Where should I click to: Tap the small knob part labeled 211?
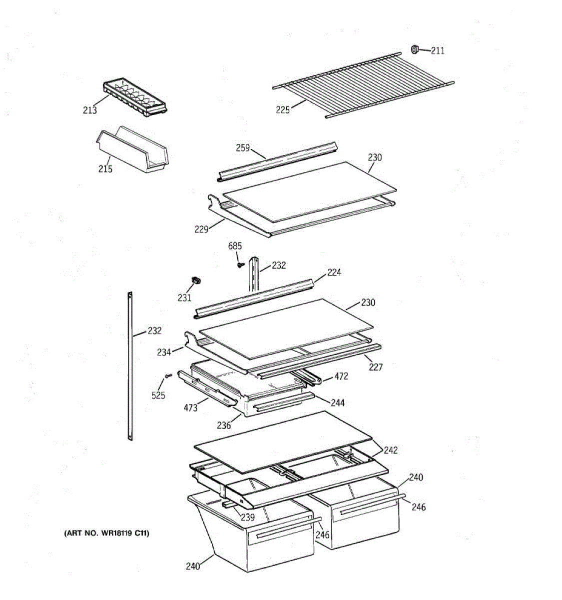click(x=415, y=48)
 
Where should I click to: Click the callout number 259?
click(x=243, y=147)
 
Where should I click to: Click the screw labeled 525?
click(x=168, y=376)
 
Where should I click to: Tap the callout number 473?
click(x=190, y=408)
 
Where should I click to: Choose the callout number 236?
click(x=224, y=425)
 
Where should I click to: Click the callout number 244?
click(x=338, y=402)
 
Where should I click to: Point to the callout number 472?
click(x=341, y=376)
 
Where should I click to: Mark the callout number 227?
click(x=376, y=367)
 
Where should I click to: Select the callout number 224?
click(x=334, y=272)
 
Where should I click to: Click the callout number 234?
click(x=164, y=352)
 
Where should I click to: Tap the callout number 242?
click(x=391, y=450)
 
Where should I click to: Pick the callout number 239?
click(x=248, y=517)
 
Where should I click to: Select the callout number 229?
click(x=201, y=229)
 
